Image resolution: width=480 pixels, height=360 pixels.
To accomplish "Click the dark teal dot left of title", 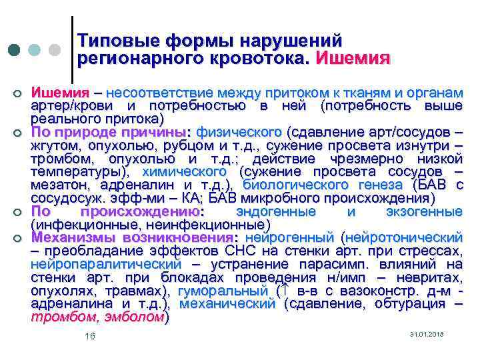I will coord(14,51).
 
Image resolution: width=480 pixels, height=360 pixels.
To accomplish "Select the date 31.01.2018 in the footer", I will coord(426,333).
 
